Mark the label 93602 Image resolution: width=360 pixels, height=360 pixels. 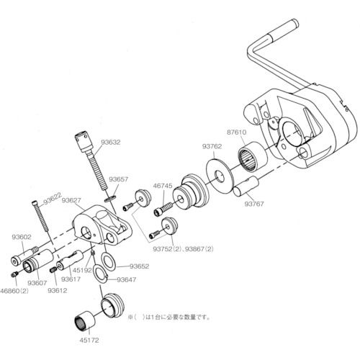[22, 235]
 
